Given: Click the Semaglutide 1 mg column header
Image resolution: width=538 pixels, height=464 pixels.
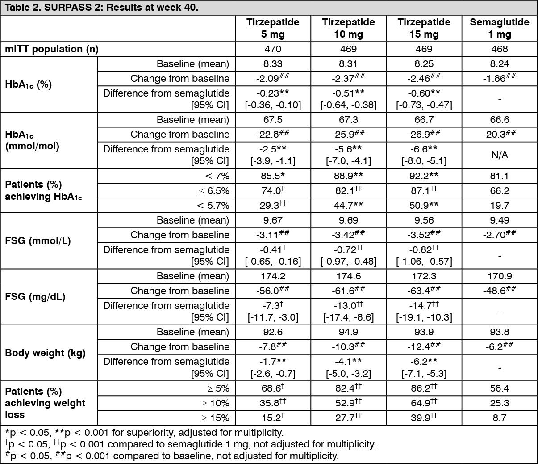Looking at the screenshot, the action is (x=500, y=28).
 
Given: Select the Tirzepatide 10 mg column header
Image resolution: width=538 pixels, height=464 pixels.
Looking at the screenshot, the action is (x=349, y=28).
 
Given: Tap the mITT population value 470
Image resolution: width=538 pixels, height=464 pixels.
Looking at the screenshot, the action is (x=273, y=49).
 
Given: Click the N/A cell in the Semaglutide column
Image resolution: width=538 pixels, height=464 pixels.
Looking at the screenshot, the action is (x=500, y=155).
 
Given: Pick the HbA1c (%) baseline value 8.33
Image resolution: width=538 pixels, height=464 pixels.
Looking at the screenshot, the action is (x=273, y=64).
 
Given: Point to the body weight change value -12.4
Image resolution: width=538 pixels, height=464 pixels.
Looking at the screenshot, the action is (x=424, y=346).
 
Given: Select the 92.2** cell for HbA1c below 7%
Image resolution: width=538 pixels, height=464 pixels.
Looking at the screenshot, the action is (x=424, y=176).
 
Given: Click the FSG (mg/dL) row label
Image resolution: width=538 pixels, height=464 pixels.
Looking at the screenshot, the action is (x=35, y=297).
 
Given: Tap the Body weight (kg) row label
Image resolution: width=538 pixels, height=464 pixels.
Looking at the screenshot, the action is (x=45, y=353).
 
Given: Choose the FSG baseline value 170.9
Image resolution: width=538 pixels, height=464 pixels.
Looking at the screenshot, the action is (x=500, y=276).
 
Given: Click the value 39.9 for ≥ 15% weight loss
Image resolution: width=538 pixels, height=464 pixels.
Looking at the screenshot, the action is (x=424, y=418).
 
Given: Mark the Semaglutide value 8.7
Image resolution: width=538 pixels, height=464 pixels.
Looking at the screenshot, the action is (x=500, y=418).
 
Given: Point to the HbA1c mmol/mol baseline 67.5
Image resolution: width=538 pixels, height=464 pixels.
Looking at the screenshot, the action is (x=273, y=120).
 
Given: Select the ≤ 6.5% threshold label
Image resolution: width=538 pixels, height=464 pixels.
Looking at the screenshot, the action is (x=214, y=191).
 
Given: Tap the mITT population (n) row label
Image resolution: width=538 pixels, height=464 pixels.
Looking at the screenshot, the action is (x=52, y=49).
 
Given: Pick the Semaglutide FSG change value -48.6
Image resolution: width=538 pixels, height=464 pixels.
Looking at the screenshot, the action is (x=500, y=291).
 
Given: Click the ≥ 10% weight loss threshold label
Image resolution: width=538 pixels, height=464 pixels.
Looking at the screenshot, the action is (x=215, y=403).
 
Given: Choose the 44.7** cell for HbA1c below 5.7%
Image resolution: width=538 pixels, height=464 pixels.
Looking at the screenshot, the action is (x=349, y=206).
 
